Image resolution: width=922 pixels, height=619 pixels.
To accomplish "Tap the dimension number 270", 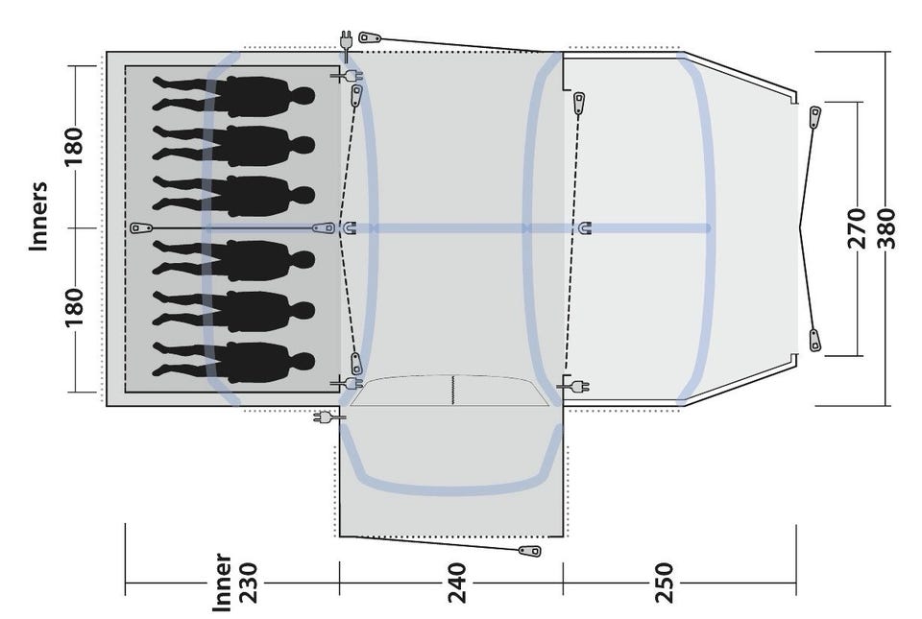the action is (x=858, y=228).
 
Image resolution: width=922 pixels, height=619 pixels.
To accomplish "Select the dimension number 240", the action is (x=457, y=583).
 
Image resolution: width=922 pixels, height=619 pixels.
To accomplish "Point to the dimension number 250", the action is (x=664, y=583).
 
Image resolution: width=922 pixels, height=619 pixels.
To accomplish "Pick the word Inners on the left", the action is (x=38, y=216).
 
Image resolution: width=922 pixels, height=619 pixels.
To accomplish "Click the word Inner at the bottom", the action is (x=222, y=582).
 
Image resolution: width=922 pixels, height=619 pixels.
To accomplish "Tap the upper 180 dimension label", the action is (x=75, y=146).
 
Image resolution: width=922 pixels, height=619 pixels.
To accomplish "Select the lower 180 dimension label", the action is (x=75, y=308).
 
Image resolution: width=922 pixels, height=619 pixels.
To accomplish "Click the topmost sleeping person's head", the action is (x=303, y=95).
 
